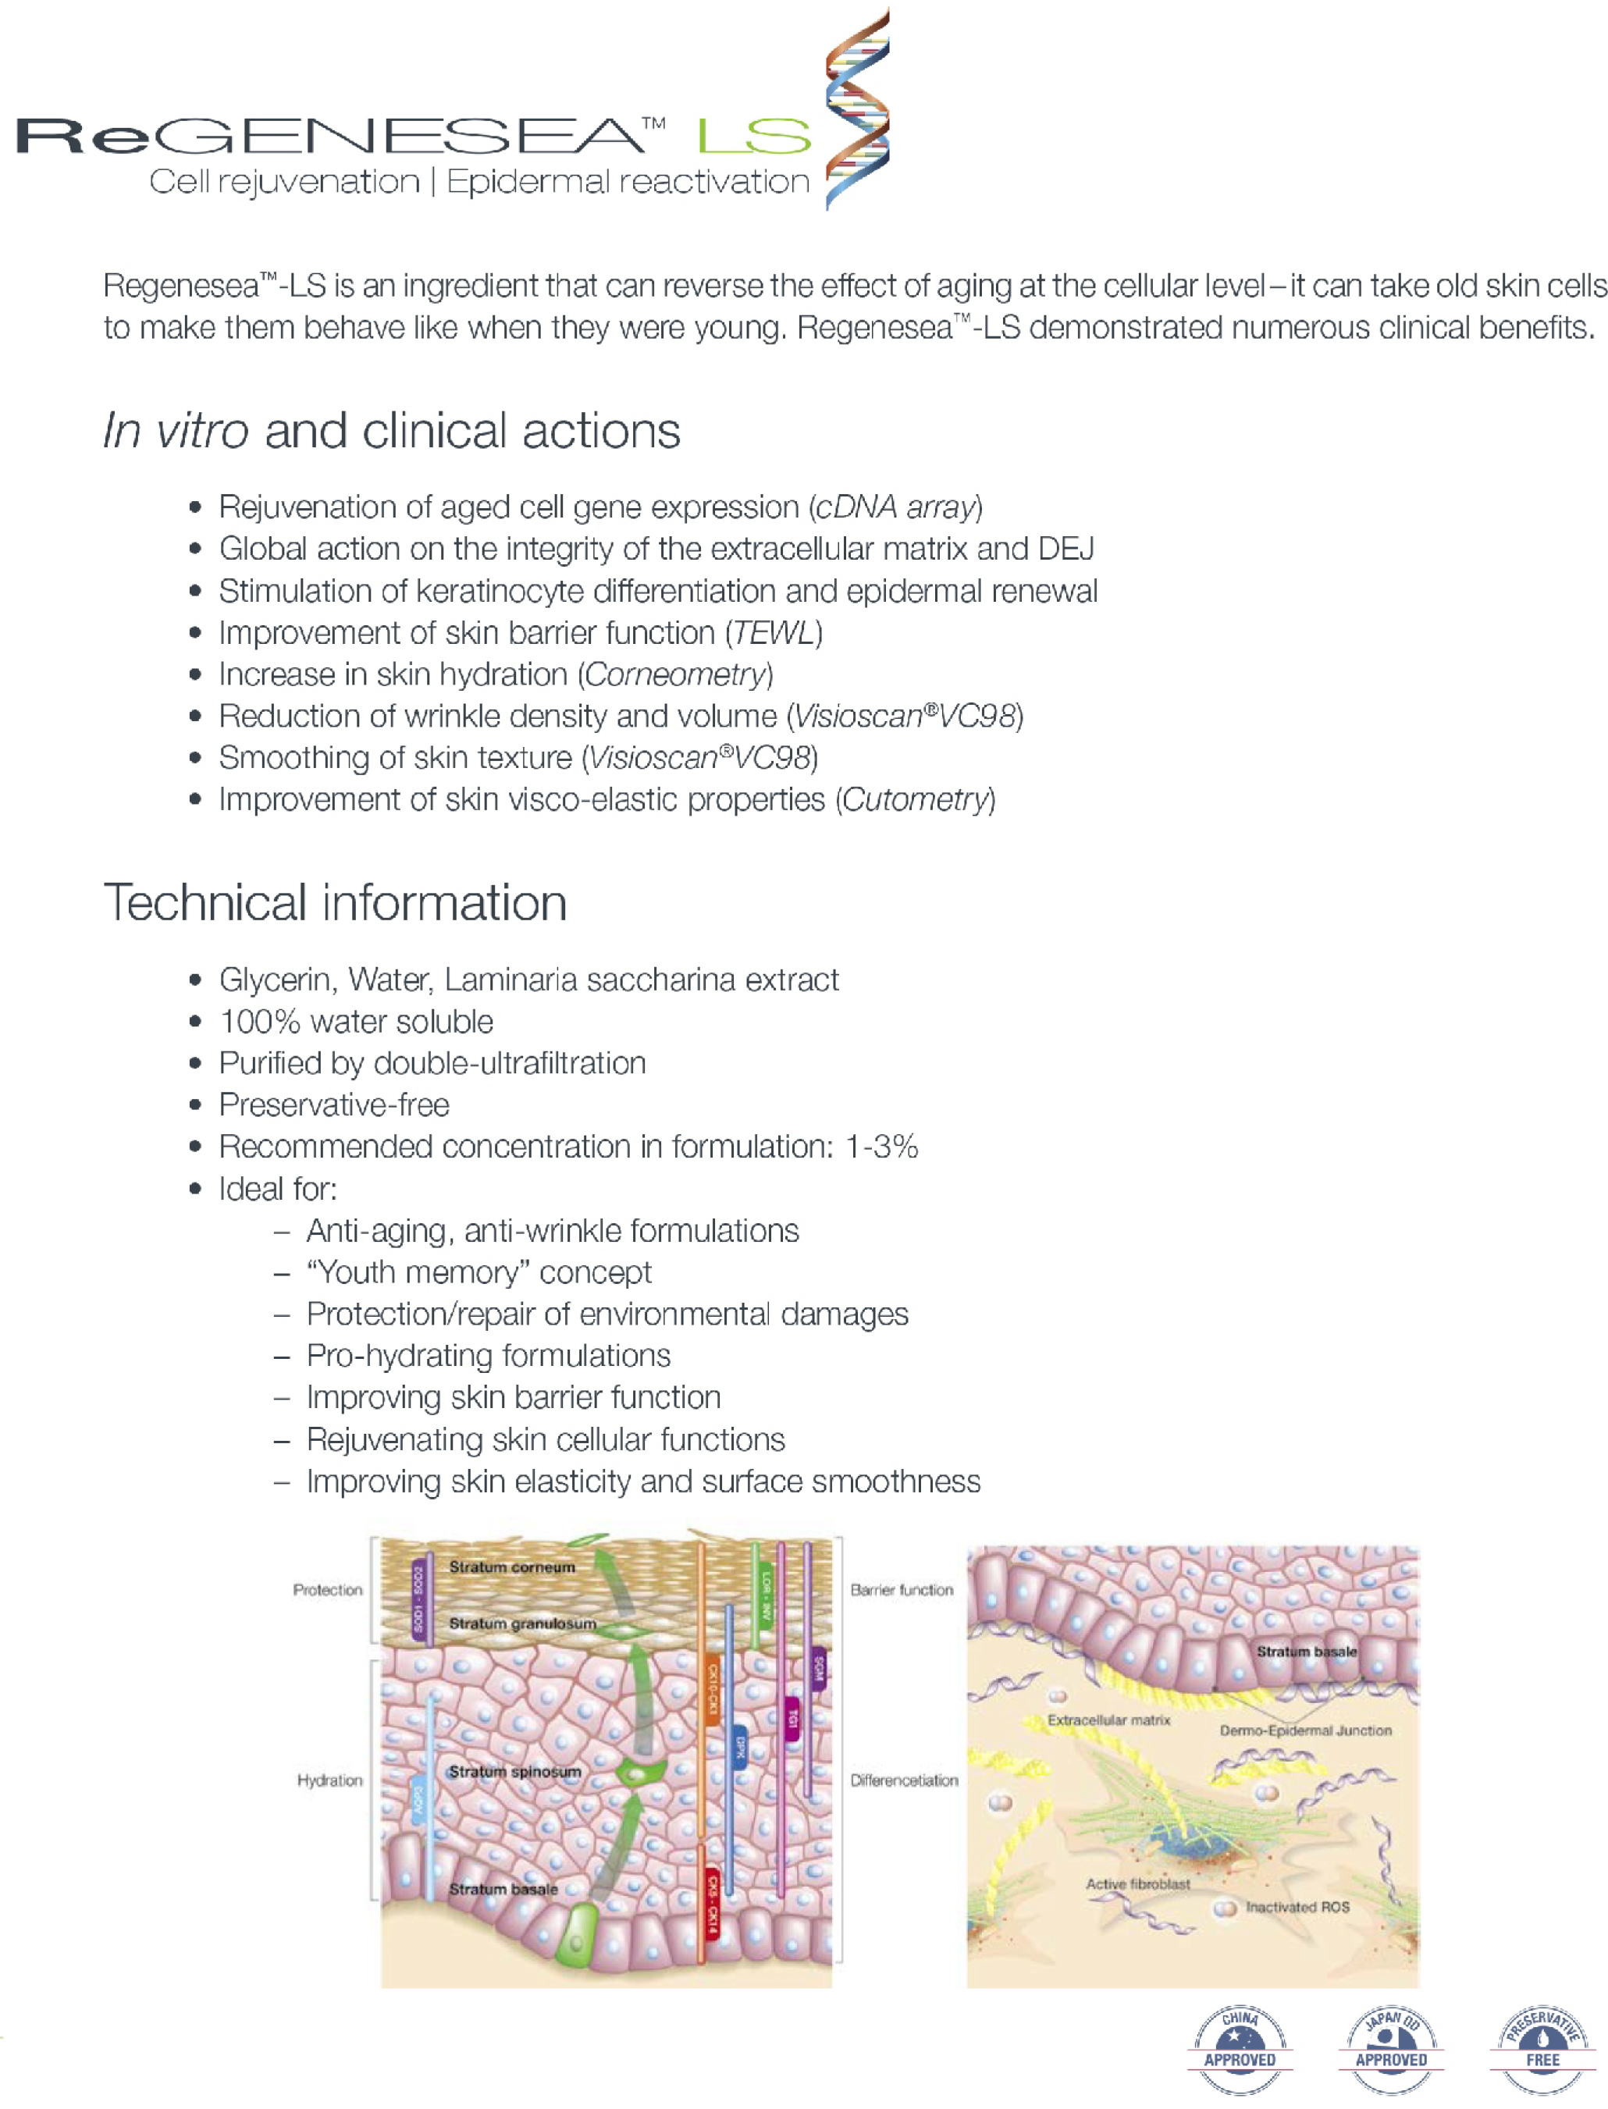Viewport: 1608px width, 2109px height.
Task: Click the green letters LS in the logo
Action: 754,136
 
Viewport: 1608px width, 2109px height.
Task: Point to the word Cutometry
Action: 915,800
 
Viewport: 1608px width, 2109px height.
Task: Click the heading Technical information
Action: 335,903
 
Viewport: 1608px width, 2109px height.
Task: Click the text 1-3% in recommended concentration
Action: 881,1147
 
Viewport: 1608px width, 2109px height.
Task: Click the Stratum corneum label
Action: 512,1567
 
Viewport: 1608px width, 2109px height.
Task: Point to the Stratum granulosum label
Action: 523,1624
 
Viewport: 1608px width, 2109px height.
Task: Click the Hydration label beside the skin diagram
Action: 329,1780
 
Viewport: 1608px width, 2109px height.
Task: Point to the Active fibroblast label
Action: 1138,1884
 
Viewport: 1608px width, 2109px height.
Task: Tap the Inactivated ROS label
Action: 1297,1907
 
